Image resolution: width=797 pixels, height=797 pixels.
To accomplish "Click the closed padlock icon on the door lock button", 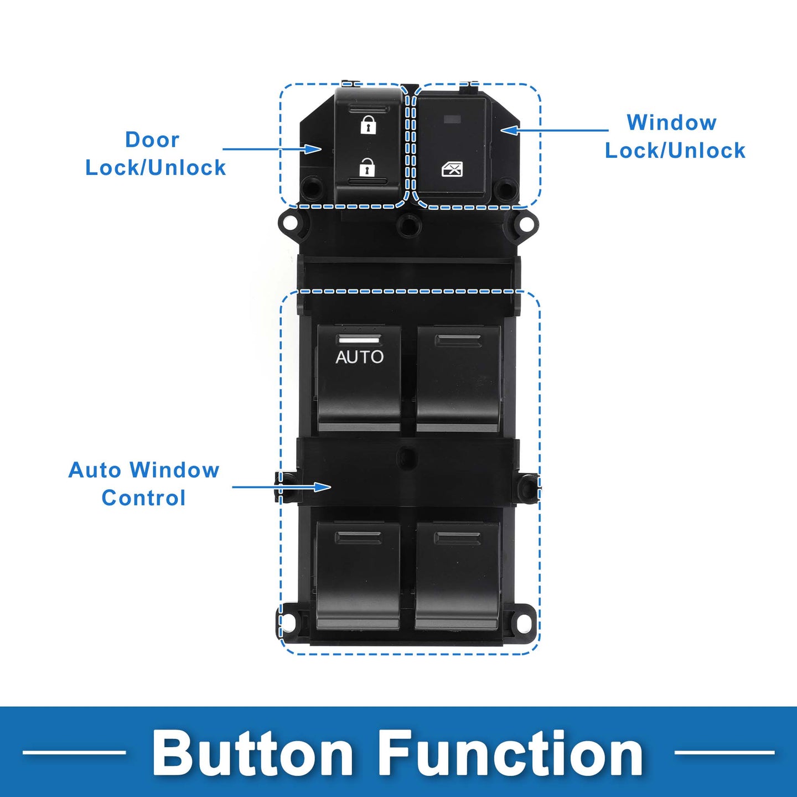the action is pyautogui.click(x=368, y=125).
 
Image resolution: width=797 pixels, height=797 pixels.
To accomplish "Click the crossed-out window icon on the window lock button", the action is pyautogui.click(x=452, y=169).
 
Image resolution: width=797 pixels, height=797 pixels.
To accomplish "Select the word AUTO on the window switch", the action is pyautogui.click(x=359, y=357).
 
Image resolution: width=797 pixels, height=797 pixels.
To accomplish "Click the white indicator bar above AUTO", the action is pyautogui.click(x=359, y=340).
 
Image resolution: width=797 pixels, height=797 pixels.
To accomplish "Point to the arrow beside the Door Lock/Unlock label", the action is pyautogui.click(x=272, y=148).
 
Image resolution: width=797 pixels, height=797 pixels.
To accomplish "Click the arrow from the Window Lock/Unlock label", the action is pyautogui.click(x=554, y=130).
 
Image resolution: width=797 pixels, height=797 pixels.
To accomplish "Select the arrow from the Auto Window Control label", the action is pyautogui.click(x=282, y=487).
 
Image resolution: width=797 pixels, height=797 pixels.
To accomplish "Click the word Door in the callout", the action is pyautogui.click(x=152, y=140).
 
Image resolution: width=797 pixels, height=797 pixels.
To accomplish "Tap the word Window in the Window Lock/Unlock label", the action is pyautogui.click(x=672, y=122).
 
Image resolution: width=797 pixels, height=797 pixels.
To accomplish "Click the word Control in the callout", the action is pyautogui.click(x=143, y=498).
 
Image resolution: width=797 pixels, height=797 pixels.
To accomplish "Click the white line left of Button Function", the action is pyautogui.click(x=75, y=752).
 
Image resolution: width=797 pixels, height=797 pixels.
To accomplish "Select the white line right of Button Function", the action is pyautogui.click(x=724, y=752).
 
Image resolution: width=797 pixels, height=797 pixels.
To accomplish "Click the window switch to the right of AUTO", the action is pyautogui.click(x=458, y=379).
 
